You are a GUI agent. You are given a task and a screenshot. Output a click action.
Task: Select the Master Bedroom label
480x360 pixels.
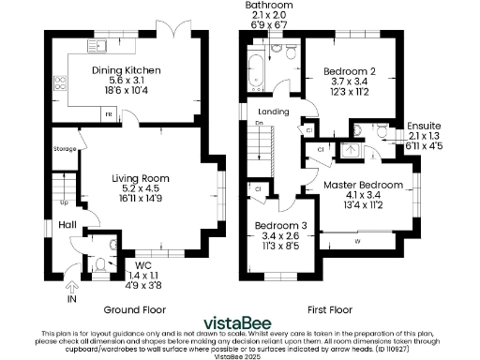tap(363, 186)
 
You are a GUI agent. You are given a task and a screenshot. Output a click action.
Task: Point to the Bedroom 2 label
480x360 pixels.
tap(349, 71)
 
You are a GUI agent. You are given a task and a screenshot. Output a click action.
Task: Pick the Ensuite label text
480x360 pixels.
tap(424, 126)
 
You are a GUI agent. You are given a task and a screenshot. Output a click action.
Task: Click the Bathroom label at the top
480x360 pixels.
tap(269, 6)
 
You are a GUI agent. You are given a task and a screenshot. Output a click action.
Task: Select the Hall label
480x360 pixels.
tap(67, 225)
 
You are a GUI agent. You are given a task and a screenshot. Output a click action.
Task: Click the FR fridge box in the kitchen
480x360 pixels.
tap(109, 113)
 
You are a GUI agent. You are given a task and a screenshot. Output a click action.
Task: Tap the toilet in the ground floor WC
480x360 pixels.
tap(100, 265)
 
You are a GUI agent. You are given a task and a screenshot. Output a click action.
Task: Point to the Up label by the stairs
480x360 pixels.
tap(65, 202)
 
